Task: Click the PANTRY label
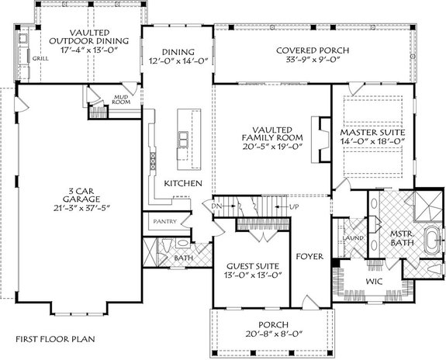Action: coord(164,221)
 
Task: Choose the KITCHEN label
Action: coord(183,183)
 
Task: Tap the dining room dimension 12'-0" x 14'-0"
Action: coord(174,59)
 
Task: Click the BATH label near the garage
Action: coord(184,258)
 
